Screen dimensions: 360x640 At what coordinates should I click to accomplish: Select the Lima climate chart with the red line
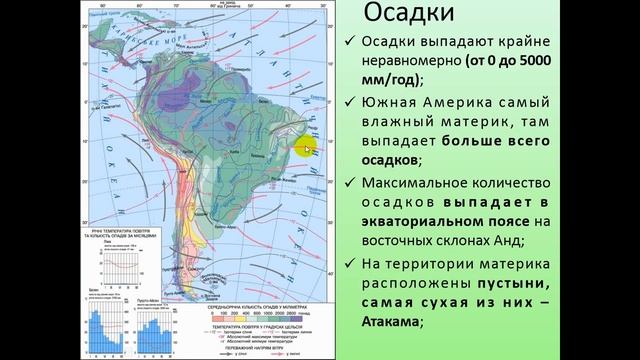pos(119,263)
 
